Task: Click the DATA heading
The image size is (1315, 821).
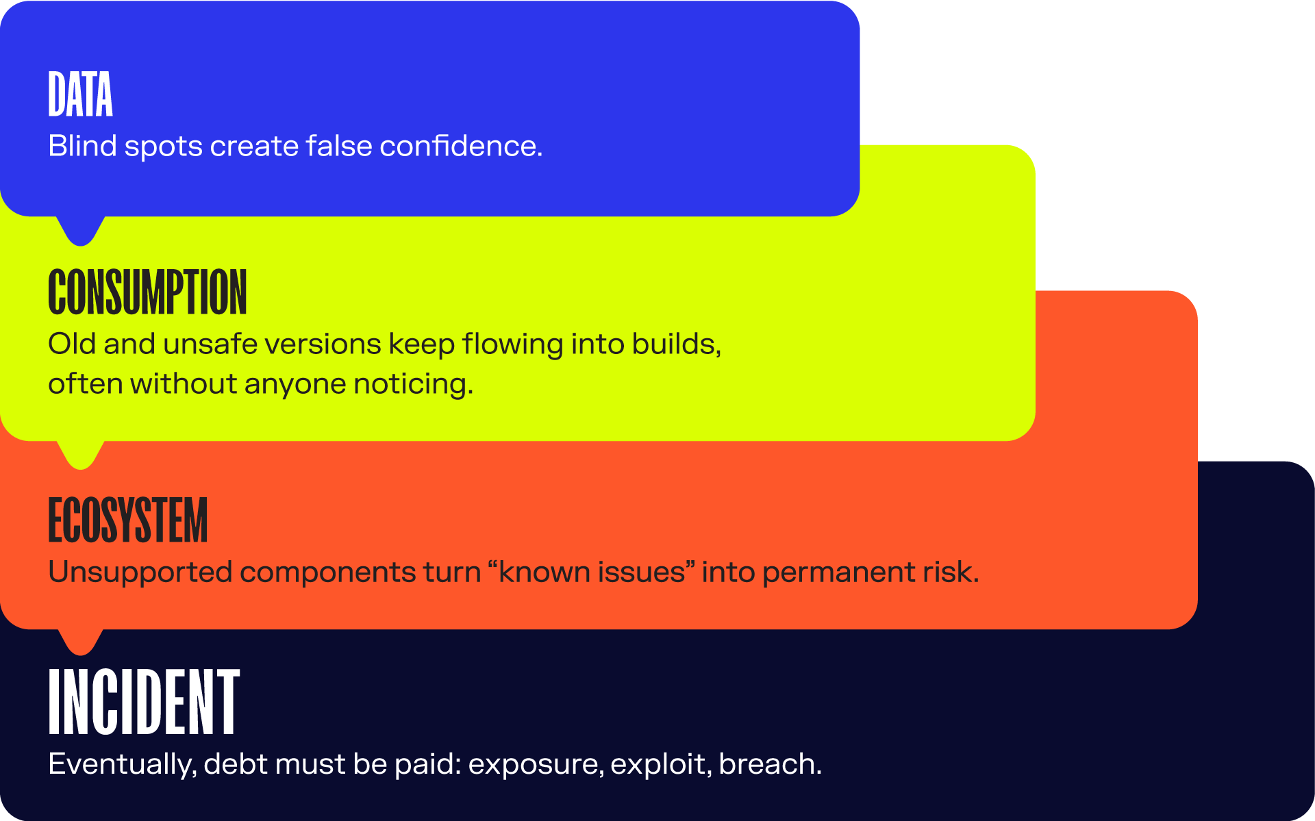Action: [80, 94]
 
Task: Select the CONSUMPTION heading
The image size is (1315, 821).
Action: [147, 292]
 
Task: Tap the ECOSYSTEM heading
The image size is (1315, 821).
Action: [127, 520]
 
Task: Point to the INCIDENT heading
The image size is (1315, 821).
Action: [144, 703]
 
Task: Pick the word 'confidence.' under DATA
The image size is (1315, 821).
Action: [461, 146]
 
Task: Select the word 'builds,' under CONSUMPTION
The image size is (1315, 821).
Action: [676, 344]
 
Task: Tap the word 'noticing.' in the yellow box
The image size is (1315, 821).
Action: [413, 383]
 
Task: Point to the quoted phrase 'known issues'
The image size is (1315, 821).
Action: [591, 572]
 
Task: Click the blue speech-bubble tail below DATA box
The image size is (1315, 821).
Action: [81, 231]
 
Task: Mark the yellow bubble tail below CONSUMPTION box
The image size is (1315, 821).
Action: [81, 455]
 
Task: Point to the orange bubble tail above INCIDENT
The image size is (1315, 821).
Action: [81, 642]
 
